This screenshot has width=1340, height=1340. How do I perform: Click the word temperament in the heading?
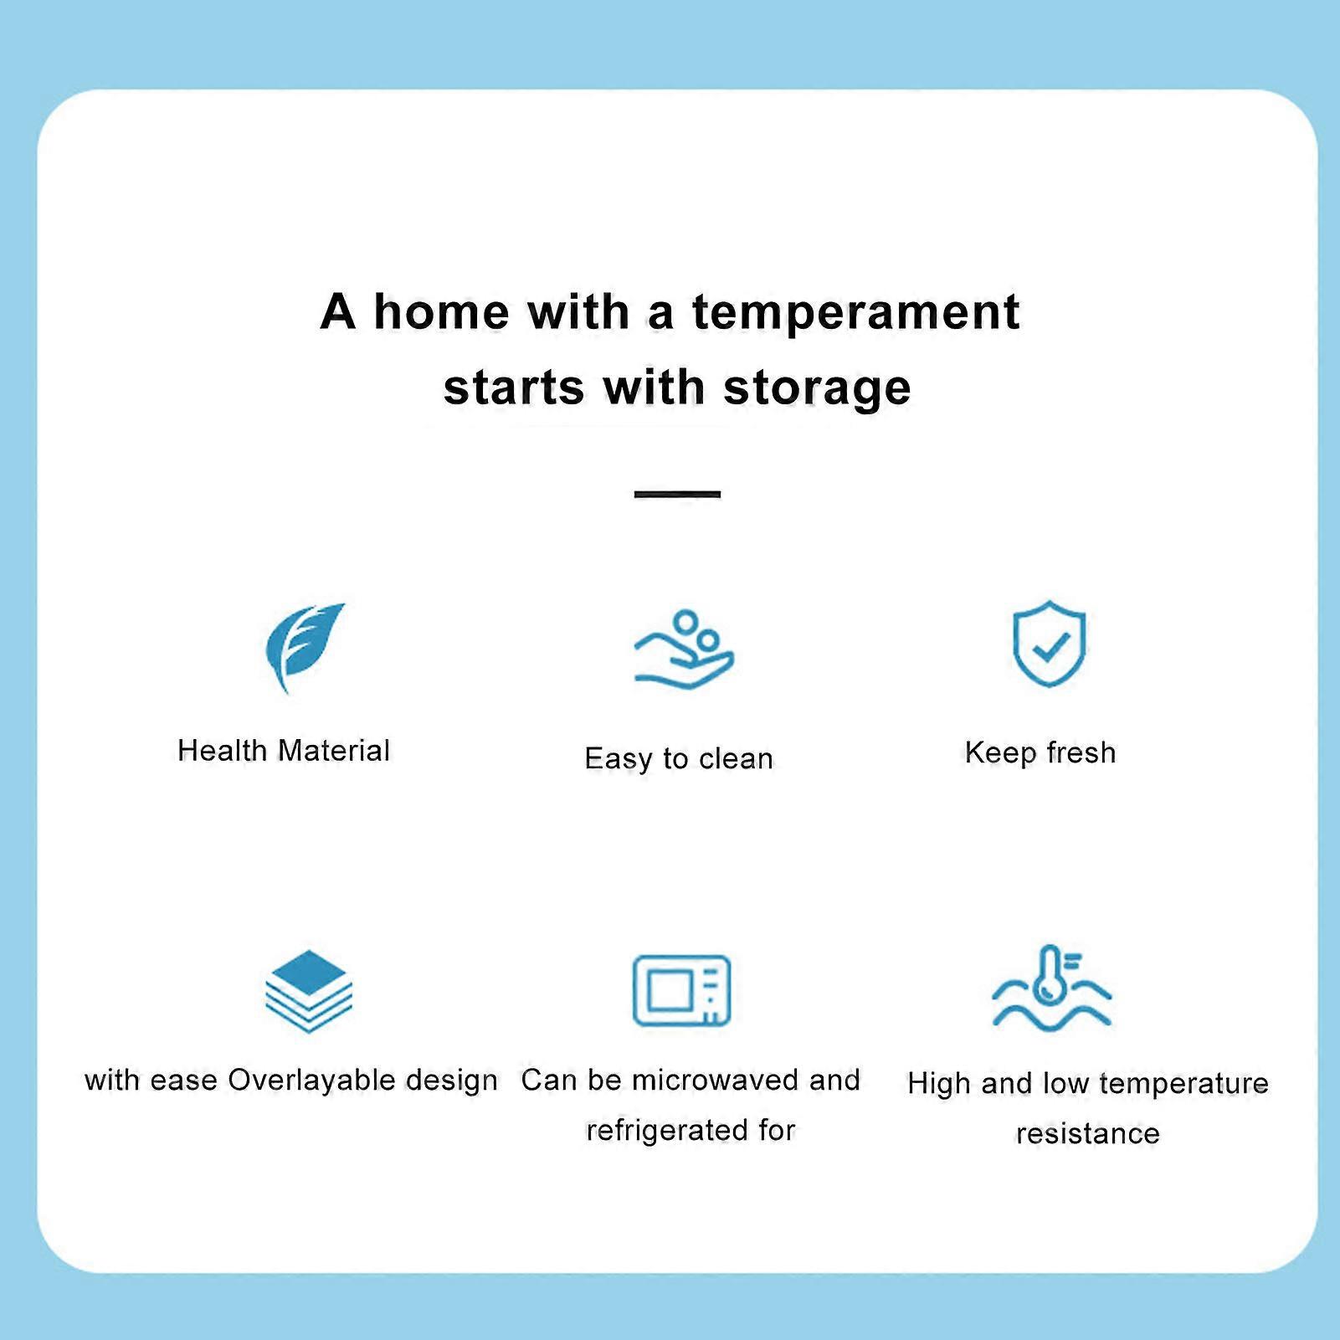(x=855, y=313)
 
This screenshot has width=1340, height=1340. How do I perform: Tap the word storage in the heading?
(x=817, y=388)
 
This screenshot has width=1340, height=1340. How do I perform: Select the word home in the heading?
(x=441, y=311)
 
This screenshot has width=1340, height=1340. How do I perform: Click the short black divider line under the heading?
(x=677, y=495)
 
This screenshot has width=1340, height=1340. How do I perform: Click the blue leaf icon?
(x=304, y=645)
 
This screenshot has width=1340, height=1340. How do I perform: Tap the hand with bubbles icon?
(x=684, y=649)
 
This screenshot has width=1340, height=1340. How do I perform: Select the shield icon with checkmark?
(x=1049, y=643)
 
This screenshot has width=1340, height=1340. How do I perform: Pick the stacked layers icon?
(x=309, y=991)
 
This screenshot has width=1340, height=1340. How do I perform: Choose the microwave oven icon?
(x=681, y=990)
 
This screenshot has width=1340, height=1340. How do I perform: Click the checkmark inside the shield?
(x=1050, y=646)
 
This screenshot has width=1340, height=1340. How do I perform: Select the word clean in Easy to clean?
(x=736, y=759)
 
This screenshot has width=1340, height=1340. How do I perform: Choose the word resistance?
(x=1087, y=1134)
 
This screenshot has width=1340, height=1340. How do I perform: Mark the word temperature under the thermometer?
(x=1183, y=1084)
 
